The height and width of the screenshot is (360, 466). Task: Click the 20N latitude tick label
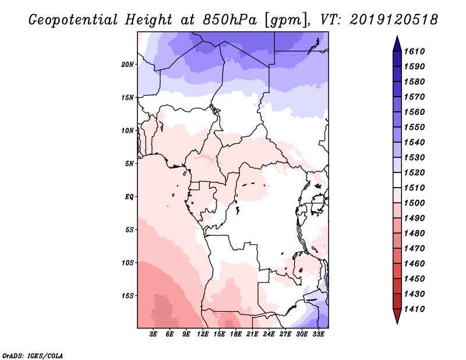coord(128,64)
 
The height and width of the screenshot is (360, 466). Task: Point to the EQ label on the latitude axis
coord(129,196)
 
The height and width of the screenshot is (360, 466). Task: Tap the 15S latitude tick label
coord(128,295)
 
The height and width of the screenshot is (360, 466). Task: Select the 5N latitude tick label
coord(129,164)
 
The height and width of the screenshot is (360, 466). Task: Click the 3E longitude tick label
coord(154,334)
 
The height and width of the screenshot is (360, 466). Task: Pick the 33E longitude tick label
coord(318,334)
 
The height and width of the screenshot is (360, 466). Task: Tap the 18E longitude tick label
coord(236,334)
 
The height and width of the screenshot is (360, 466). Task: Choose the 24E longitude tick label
coord(269,334)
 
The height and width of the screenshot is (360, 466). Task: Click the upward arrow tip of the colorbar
coord(397,38)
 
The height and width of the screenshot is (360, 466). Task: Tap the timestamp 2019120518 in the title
coord(394,20)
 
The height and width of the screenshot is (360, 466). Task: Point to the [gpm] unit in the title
coord(285,20)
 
